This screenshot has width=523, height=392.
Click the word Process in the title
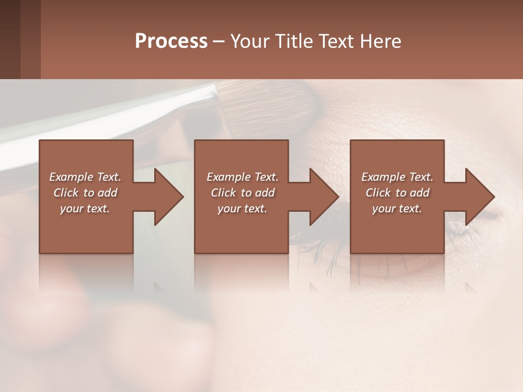point(171,41)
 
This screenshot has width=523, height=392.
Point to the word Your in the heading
point(251,41)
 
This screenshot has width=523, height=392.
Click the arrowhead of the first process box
point(168,197)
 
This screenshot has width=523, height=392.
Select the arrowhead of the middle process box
point(324,197)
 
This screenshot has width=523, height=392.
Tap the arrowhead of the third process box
point(479,197)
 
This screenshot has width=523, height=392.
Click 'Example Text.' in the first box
point(85,177)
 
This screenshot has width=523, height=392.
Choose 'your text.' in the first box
point(85,209)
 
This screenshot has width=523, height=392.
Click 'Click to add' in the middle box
point(242,193)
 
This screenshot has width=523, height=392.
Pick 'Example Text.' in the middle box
point(242,177)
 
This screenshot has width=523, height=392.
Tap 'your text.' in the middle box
point(242,209)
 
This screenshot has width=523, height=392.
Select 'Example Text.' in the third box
point(397,177)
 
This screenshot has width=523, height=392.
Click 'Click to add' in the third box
point(397,193)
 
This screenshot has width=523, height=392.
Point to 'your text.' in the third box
point(397,209)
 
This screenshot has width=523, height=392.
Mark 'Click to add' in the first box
point(85,193)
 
